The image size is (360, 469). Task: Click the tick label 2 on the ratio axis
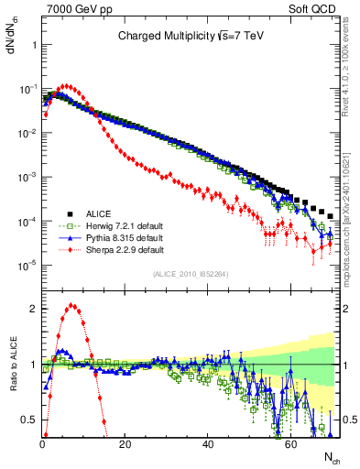tap(32, 309)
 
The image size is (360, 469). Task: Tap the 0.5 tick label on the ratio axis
tap(28, 420)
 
